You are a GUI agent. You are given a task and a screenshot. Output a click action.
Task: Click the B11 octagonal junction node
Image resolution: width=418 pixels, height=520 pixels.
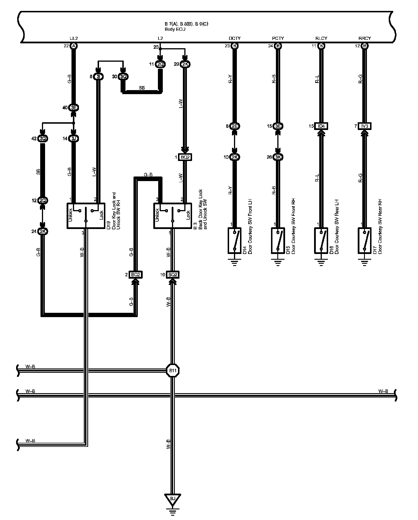point(173,370)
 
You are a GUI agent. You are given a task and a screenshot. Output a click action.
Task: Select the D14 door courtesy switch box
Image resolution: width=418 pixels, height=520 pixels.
point(235,240)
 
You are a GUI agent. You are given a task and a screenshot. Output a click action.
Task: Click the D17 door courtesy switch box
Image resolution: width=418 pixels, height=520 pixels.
point(364,240)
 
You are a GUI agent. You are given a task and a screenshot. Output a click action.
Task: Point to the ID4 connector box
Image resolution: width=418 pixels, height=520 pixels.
point(321,126)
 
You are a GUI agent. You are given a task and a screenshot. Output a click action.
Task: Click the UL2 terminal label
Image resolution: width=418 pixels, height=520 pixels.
point(74,38)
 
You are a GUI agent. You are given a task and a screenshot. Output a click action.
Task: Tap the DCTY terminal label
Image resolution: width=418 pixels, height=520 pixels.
point(235,38)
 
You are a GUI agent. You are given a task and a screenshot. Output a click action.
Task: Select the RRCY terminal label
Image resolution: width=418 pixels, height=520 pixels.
point(365,38)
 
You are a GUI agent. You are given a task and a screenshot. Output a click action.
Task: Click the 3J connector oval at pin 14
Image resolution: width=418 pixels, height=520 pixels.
point(74,139)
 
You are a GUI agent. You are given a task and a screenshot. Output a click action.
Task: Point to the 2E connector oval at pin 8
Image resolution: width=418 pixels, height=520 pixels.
point(235,126)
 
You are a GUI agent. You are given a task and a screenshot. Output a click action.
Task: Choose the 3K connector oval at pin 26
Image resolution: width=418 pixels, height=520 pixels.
point(278,157)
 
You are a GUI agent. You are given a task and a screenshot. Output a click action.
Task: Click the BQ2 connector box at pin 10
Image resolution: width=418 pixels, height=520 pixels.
point(173,275)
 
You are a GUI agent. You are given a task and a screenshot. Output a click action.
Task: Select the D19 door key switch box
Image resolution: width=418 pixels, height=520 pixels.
point(86,216)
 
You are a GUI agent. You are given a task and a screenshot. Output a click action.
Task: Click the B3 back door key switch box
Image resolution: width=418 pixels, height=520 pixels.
point(173,216)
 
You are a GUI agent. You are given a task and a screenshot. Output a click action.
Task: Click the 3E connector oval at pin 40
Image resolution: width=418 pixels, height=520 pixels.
point(74,108)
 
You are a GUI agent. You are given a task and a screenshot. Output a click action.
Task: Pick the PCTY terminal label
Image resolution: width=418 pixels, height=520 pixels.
point(278,38)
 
